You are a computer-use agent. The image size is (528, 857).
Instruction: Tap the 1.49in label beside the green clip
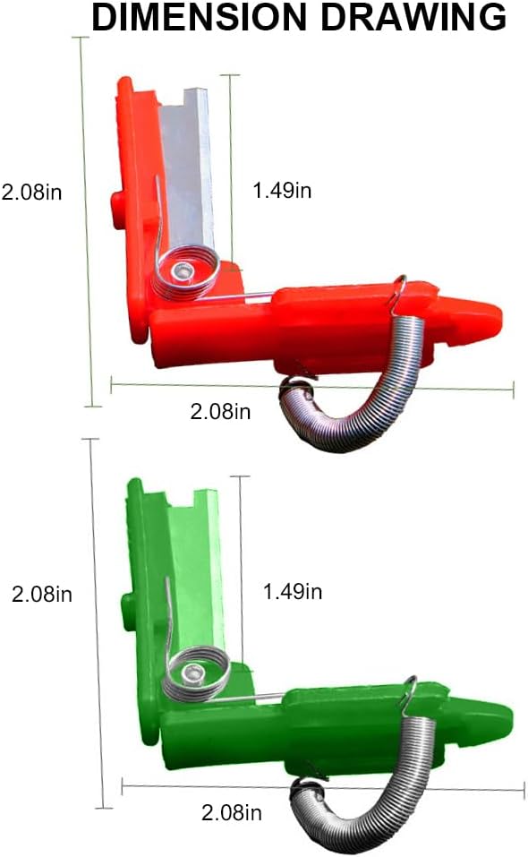click(x=292, y=591)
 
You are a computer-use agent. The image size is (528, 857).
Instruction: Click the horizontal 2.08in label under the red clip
click(x=220, y=411)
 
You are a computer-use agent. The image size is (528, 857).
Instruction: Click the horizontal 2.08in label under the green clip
click(x=231, y=813)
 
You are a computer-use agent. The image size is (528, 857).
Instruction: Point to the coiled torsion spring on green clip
click(x=196, y=674)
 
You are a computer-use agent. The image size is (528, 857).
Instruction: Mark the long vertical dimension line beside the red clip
click(x=89, y=224)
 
